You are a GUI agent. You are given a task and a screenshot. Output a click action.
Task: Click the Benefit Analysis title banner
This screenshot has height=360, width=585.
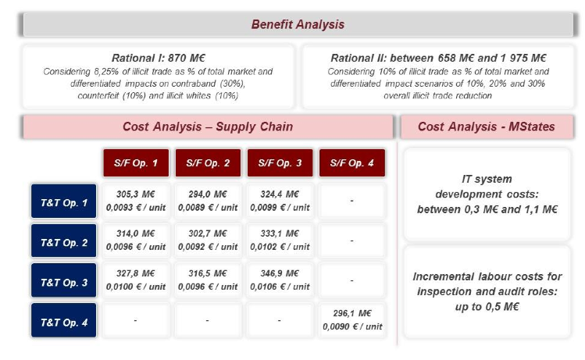point(298,25)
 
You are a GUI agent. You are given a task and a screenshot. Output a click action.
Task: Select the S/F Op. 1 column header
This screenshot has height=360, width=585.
point(136,163)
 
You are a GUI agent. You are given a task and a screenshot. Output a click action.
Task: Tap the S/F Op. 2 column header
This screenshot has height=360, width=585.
point(209,163)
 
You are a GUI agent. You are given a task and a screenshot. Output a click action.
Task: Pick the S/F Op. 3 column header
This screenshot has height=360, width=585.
point(280,163)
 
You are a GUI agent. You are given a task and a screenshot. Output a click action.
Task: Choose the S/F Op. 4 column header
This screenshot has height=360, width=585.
point(352,163)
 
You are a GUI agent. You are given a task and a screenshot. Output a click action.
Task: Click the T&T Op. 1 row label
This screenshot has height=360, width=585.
point(64,201)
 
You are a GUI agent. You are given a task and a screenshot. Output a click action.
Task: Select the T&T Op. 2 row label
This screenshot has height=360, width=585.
point(64,241)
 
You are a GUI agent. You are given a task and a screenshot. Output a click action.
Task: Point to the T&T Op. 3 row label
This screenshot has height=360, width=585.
point(64,280)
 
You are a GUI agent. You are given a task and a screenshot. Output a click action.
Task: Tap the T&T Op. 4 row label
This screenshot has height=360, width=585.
point(64,320)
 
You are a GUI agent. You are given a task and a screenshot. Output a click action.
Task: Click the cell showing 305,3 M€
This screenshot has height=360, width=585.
point(136,201)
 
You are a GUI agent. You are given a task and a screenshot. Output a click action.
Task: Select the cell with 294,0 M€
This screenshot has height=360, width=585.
point(208,201)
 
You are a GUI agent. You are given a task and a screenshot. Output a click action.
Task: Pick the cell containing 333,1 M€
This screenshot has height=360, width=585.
point(280,241)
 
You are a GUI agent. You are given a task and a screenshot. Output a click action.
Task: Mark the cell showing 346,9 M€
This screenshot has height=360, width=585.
point(280,280)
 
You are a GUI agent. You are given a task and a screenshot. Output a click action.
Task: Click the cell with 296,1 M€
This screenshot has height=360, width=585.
point(352,320)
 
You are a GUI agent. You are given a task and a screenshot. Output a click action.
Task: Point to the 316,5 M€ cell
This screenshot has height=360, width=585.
point(208,280)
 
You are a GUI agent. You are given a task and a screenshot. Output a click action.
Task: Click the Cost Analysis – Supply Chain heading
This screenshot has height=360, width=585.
point(208,127)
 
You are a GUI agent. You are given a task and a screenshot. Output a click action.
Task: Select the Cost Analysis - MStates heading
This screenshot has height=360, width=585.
point(487,127)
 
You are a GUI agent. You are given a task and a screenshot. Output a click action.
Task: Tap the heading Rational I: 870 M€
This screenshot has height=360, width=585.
point(159,59)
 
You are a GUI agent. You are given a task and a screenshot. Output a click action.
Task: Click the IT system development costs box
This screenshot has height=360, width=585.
point(487,194)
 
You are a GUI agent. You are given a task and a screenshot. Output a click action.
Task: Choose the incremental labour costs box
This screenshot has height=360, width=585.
point(487,292)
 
